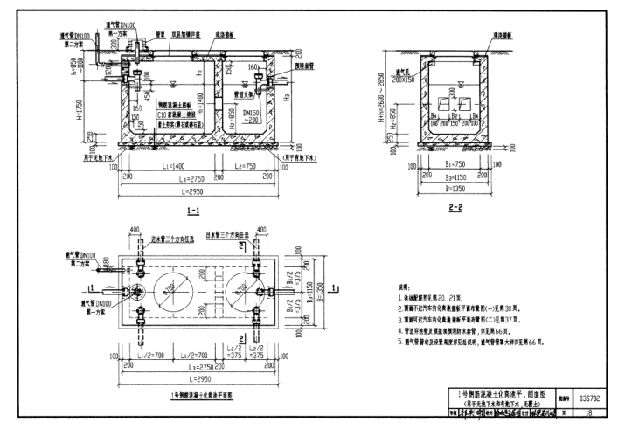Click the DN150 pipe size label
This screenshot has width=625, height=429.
coord(253,114)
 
